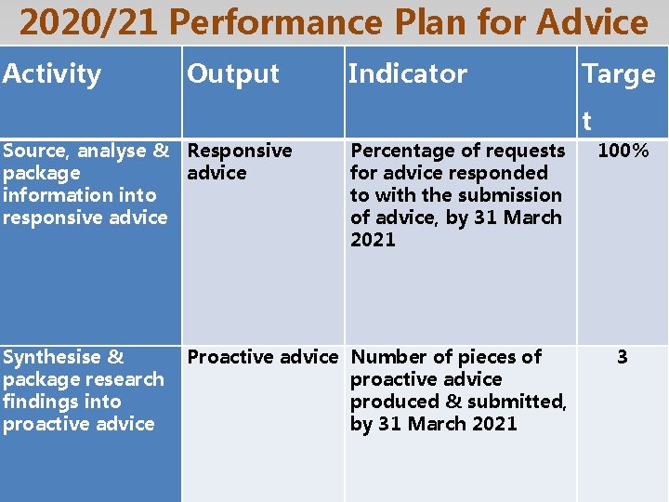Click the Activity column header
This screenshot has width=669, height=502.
52,73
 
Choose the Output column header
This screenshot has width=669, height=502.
232,73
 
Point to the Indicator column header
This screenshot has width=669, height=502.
407,73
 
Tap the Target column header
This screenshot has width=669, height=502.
618,74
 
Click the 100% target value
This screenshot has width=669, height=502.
623,151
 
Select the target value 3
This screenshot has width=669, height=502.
622,357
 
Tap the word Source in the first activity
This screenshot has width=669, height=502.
35,151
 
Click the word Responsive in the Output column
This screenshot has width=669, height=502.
240,151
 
